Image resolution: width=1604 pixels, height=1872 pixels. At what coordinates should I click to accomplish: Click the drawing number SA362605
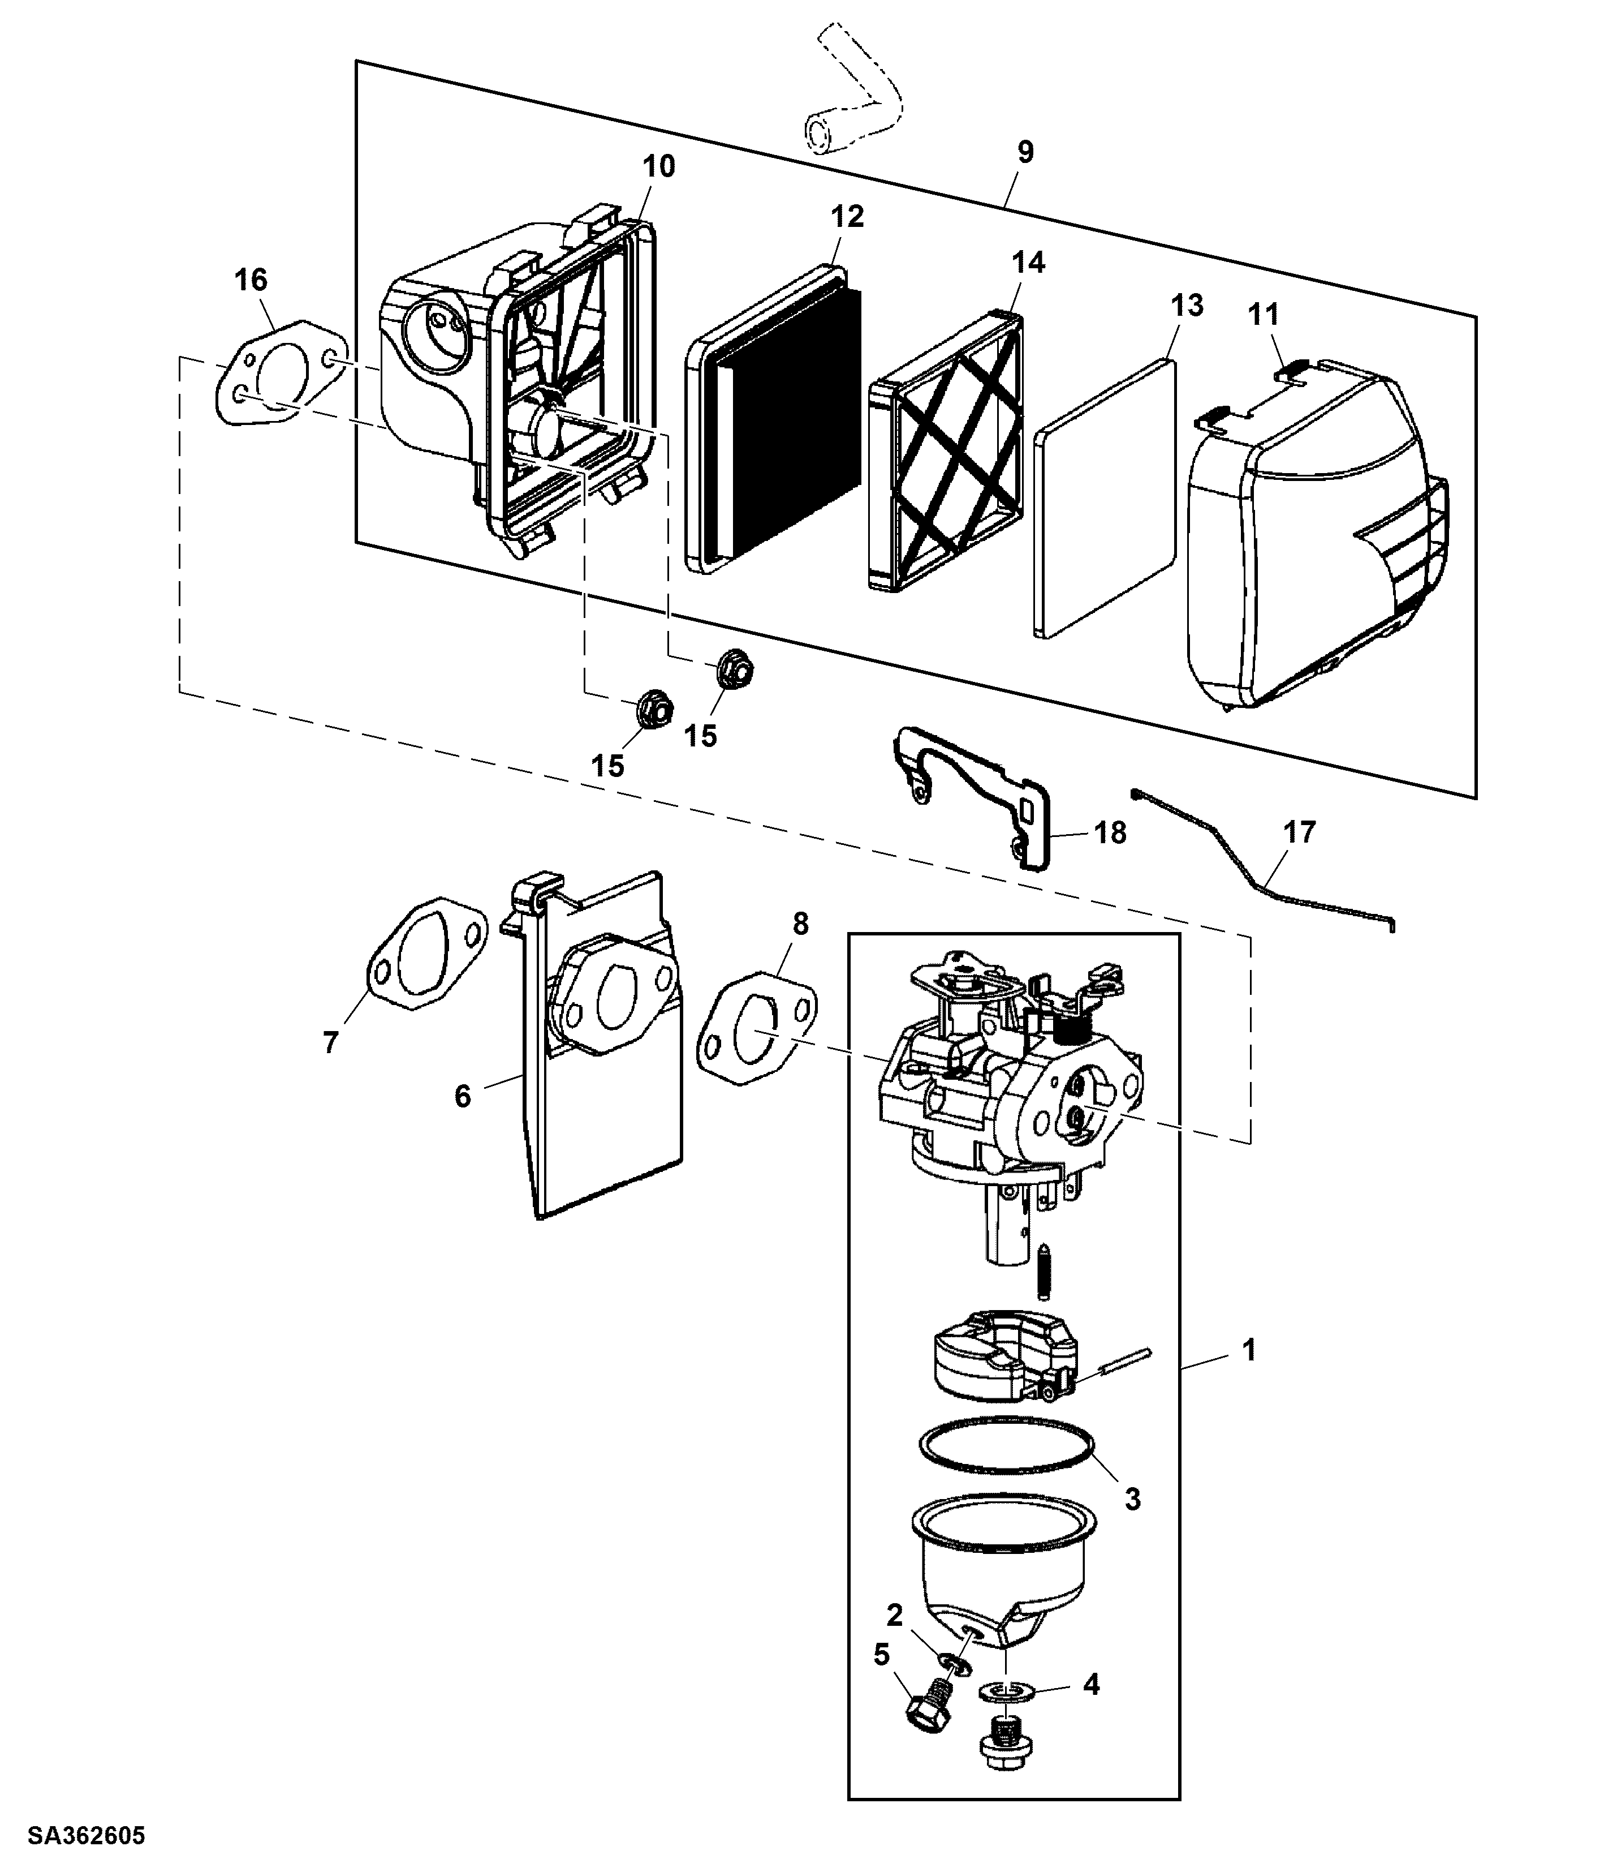(x=87, y=1836)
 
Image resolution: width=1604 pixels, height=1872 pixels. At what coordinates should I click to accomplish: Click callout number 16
(x=251, y=280)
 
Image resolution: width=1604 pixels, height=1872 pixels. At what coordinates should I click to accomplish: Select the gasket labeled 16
(x=281, y=371)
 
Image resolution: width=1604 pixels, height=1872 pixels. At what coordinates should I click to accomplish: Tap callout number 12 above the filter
(x=847, y=216)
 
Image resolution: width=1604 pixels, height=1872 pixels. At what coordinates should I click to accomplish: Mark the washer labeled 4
(x=1004, y=1688)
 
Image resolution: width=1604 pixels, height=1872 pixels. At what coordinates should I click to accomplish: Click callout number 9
(x=1025, y=152)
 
